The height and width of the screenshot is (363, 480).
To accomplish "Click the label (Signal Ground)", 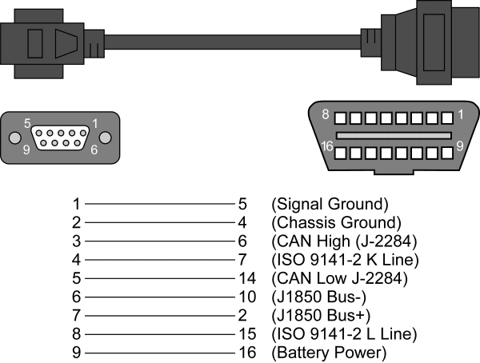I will pyautogui.click(x=330, y=204).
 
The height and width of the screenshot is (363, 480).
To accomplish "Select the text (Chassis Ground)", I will pyautogui.click(x=336, y=222).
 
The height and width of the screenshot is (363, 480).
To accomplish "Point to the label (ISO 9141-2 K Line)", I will pyautogui.click(x=346, y=259).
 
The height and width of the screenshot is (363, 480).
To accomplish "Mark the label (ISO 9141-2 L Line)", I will pyautogui.click(x=345, y=333).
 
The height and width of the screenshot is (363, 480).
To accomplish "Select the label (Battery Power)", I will pyautogui.click(x=330, y=353).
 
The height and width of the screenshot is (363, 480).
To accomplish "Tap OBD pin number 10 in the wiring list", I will pyautogui.click(x=247, y=297).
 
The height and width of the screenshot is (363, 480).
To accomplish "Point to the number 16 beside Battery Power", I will pyautogui.click(x=247, y=353).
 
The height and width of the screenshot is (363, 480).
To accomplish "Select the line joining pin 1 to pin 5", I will pyautogui.click(x=155, y=204).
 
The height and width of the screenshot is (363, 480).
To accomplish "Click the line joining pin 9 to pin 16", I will pyautogui.click(x=155, y=353).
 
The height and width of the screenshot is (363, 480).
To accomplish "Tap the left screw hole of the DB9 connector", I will pyautogui.click(x=13, y=137).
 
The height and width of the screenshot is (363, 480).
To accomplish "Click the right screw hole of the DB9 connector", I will pyautogui.click(x=109, y=137).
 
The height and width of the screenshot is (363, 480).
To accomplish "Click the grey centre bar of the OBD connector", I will pyautogui.click(x=393, y=135).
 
